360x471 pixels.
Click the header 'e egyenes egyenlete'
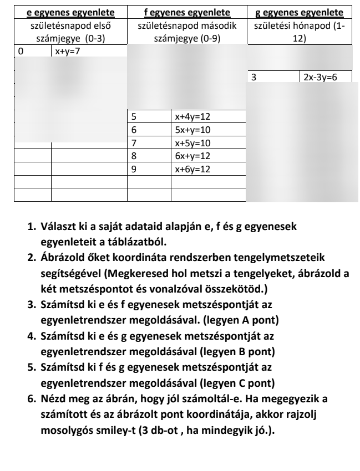[67, 12]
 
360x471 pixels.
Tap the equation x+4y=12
[193, 117]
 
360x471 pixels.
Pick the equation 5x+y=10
[193, 130]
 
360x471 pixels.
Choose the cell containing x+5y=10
[193, 144]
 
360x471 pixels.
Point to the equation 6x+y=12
[193, 157]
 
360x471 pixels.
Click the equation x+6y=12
[193, 170]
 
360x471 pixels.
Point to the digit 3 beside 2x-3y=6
[253, 78]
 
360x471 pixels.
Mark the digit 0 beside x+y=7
[21, 51]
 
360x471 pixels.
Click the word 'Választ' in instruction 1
[56, 228]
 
